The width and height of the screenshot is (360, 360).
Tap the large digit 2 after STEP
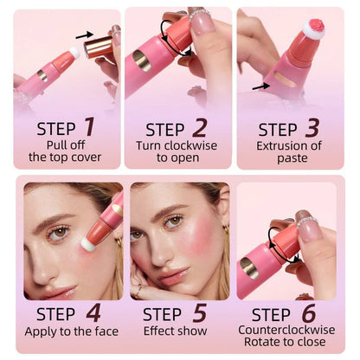pyautogui.click(x=199, y=130)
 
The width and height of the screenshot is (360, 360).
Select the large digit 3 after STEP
pyautogui.click(x=312, y=130)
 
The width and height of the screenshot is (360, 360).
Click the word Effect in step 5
pyautogui.click(x=160, y=330)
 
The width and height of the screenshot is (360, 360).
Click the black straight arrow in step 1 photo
pyautogui.click(x=83, y=35)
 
